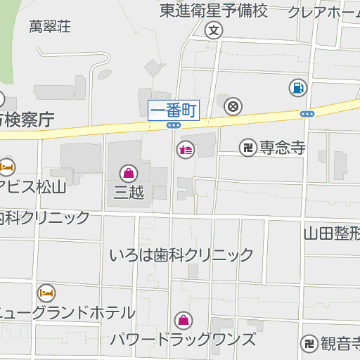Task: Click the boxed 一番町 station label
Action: [174, 109]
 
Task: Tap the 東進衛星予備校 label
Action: [214, 11]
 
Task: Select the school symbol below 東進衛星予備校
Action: [214, 30]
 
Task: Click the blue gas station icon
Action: [297, 87]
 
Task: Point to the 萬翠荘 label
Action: [50, 27]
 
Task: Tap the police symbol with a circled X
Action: [233, 106]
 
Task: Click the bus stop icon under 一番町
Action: [174, 125]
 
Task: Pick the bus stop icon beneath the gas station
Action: [307, 113]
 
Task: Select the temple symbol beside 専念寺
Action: [247, 147]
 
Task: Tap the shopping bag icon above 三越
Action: [129, 172]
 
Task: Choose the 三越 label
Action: [129, 191]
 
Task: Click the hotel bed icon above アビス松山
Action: [6, 167]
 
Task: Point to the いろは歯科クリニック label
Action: [181, 255]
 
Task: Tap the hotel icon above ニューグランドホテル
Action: [46, 292]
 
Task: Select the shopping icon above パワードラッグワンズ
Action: [184, 321]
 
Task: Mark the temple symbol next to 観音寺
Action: [308, 344]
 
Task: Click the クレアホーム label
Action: [323, 12]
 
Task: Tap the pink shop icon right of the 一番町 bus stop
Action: [186, 149]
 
